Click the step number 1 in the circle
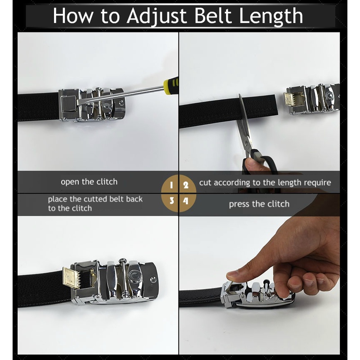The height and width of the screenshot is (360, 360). [x=171, y=185]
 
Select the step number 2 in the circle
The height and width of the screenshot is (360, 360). [x=186, y=185]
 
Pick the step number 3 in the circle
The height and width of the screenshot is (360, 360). [x=172, y=201]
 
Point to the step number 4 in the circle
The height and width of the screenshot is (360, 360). [x=186, y=201]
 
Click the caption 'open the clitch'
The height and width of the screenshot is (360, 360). [x=89, y=182]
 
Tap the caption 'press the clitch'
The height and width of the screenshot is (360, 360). [x=259, y=204]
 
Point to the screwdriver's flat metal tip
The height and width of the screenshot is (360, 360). [x=81, y=102]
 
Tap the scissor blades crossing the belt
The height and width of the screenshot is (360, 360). [x=243, y=112]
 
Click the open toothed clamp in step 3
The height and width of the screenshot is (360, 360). [x=72, y=277]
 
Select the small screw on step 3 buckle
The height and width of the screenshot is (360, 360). [x=153, y=279]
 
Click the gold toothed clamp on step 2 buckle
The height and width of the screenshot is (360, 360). [x=290, y=99]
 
